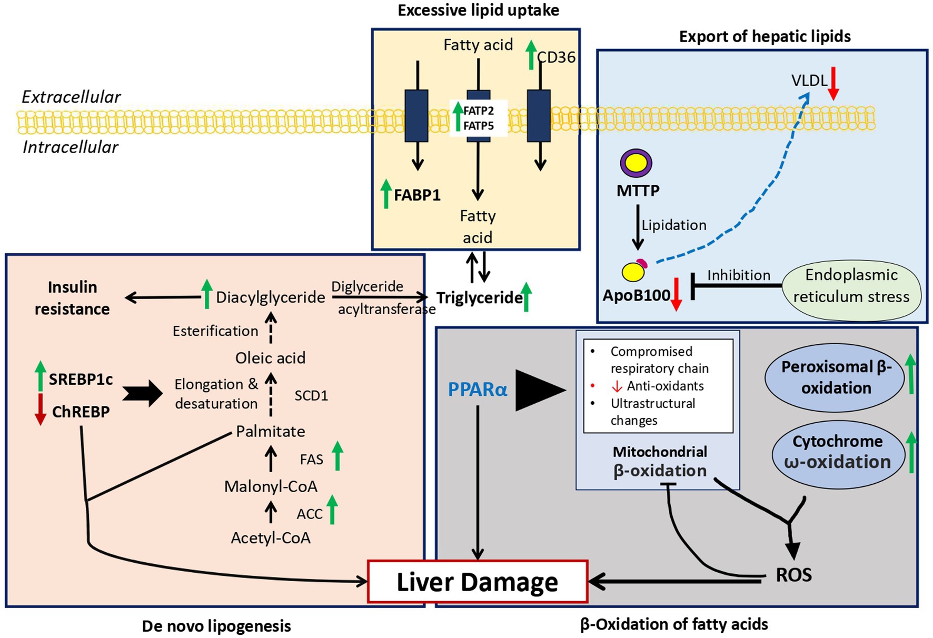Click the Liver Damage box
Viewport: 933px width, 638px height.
pos(477,582)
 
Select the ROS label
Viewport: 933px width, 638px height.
pos(793,575)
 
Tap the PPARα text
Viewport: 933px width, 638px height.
pos(478,389)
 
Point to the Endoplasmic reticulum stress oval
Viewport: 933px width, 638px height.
pos(851,286)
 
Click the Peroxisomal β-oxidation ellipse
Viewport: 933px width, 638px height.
pos(836,377)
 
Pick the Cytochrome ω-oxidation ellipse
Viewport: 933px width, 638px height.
pos(838,452)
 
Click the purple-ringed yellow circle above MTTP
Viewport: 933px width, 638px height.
pos(636,163)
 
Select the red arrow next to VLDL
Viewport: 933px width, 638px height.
pos(833,83)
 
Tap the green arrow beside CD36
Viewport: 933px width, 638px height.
pos(531,55)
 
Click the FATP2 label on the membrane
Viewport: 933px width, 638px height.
pos(479,111)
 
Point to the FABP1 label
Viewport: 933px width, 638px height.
pos(417,195)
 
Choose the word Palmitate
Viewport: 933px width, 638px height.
pos(271,432)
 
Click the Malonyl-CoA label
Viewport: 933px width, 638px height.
pos(271,486)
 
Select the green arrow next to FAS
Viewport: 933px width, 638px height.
pos(338,456)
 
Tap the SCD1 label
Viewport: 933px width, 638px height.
pos(311,396)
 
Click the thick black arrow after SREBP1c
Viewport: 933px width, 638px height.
pos(143,393)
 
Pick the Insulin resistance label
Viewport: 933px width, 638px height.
pos(72,298)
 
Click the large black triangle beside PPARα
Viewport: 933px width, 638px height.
pos(539,390)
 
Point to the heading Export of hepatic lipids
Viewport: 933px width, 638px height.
pos(765,37)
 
